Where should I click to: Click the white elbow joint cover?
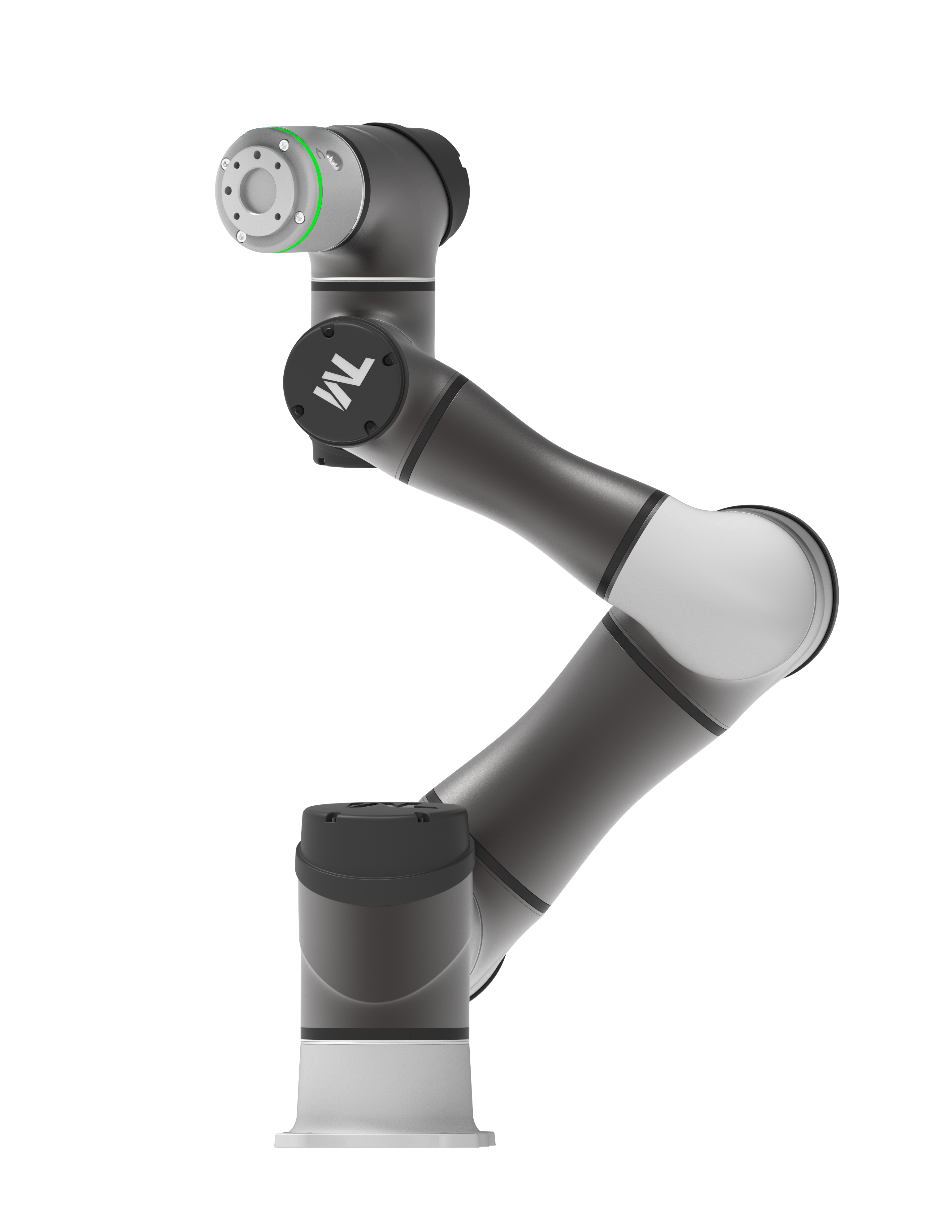[x=740, y=590]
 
